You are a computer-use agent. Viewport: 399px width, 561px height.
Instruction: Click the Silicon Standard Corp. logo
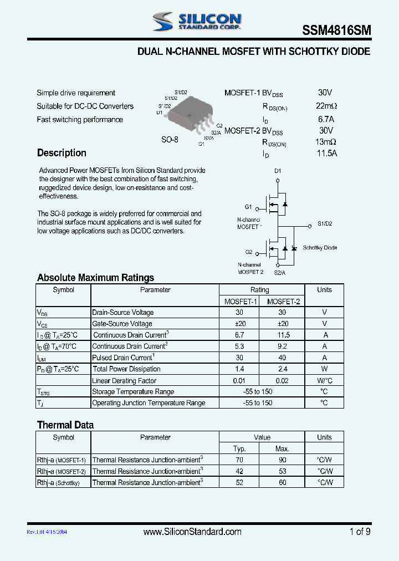tap(197, 22)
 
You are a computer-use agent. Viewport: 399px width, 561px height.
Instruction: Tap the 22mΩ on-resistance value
tap(326, 106)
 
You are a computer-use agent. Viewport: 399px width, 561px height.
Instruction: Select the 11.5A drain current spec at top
tap(326, 154)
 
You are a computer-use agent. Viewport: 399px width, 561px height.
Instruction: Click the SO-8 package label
tap(170, 140)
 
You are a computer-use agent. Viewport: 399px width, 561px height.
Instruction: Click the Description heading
tap(62, 153)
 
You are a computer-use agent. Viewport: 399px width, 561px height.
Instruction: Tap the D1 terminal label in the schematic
tap(278, 171)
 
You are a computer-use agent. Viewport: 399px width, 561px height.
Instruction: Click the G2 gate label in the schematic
tap(248, 252)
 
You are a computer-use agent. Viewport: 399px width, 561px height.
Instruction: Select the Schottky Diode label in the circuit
tap(320, 248)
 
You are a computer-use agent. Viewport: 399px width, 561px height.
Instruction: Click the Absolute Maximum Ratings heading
tap(95, 278)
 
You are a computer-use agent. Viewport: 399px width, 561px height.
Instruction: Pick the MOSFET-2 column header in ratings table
tap(283, 302)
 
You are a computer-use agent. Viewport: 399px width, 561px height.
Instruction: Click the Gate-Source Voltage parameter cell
tap(122, 324)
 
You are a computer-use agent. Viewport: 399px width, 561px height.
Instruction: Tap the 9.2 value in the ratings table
tap(283, 346)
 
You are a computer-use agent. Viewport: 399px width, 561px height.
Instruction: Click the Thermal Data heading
tap(65, 425)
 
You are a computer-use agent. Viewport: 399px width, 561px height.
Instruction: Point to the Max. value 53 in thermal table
tap(282, 471)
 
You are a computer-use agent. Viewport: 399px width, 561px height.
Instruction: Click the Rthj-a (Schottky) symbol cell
tap(58, 483)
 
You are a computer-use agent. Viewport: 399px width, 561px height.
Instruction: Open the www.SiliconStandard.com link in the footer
tap(192, 532)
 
